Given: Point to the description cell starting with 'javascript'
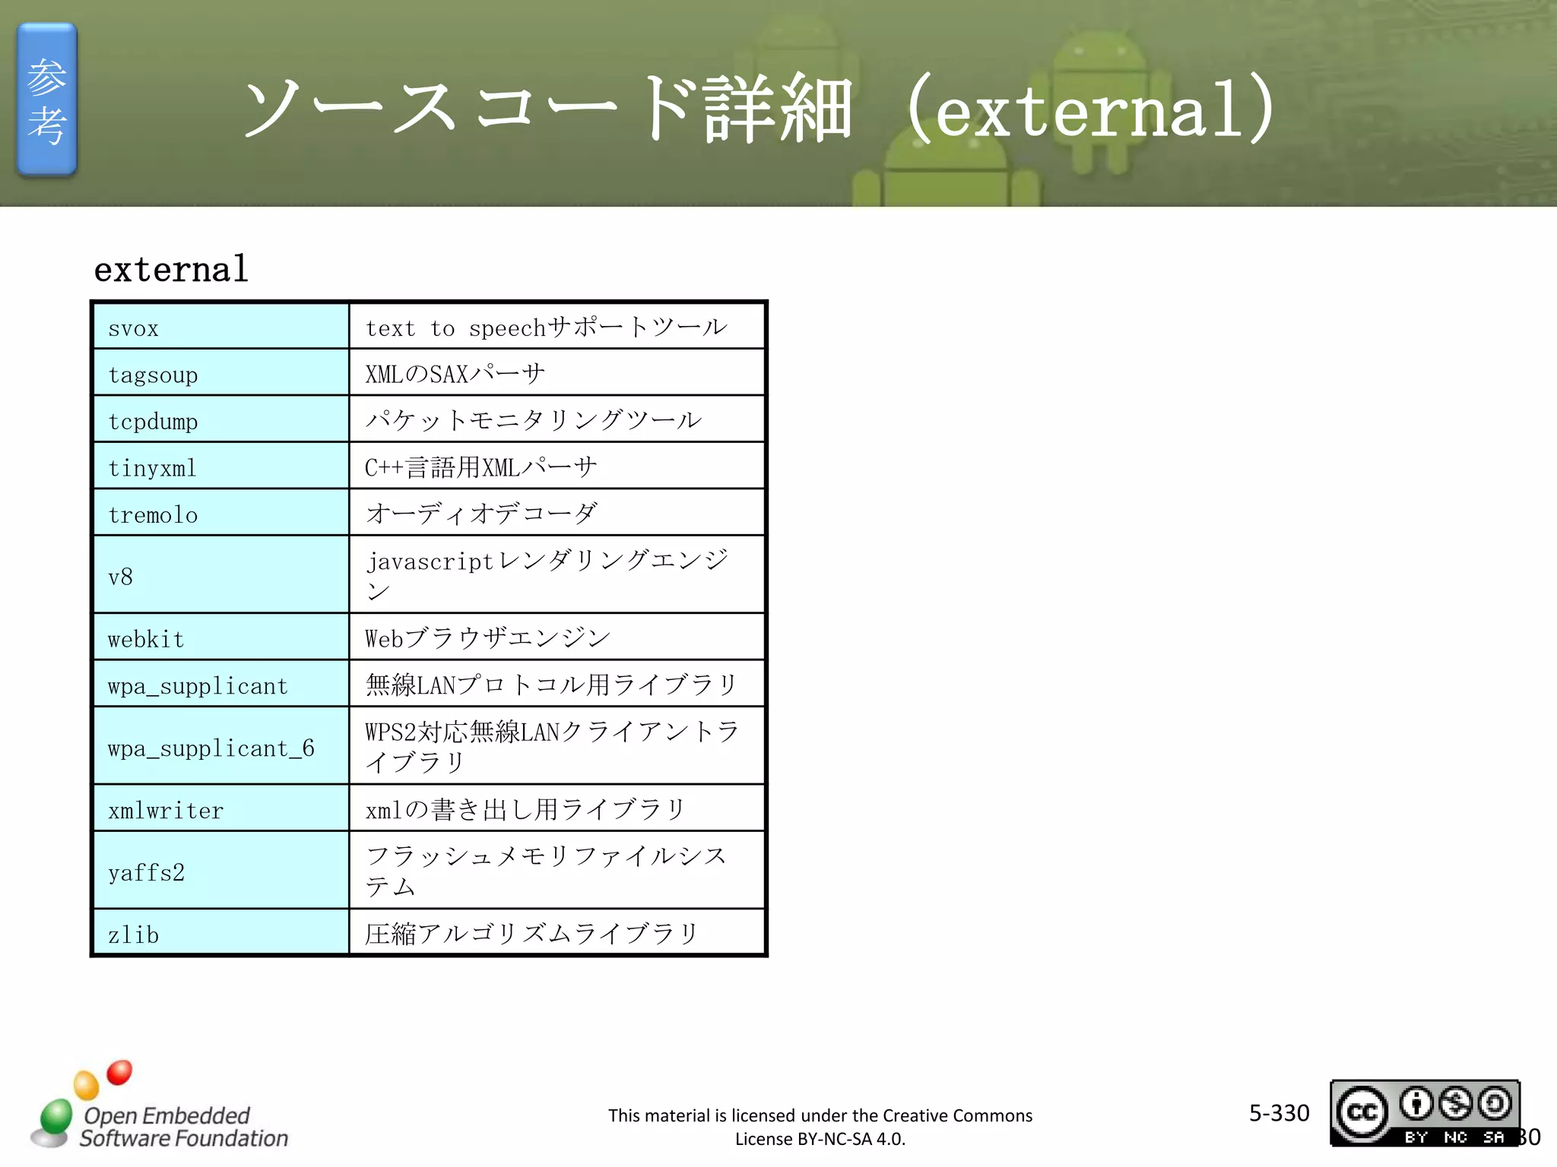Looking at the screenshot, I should [547, 574].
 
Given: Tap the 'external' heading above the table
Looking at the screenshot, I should [171, 269].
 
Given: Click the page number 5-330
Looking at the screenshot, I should [1279, 1113].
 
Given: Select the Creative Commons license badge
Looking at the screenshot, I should [1424, 1112].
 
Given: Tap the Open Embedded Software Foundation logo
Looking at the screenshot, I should [160, 1109].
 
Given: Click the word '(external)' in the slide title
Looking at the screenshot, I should [1092, 110].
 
